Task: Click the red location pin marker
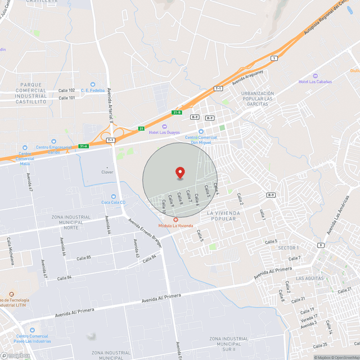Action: point(180,173)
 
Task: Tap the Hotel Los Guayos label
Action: point(164,132)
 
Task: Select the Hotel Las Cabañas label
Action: point(315,82)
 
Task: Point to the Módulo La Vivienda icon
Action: point(176,219)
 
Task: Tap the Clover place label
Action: point(107,172)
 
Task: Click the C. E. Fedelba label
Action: point(93,90)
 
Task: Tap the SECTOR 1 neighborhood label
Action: point(289,248)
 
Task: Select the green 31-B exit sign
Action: point(177,112)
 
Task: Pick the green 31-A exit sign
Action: point(83,146)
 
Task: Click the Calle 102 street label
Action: point(66,90)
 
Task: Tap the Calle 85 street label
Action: point(84,258)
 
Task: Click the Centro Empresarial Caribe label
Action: point(53,150)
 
